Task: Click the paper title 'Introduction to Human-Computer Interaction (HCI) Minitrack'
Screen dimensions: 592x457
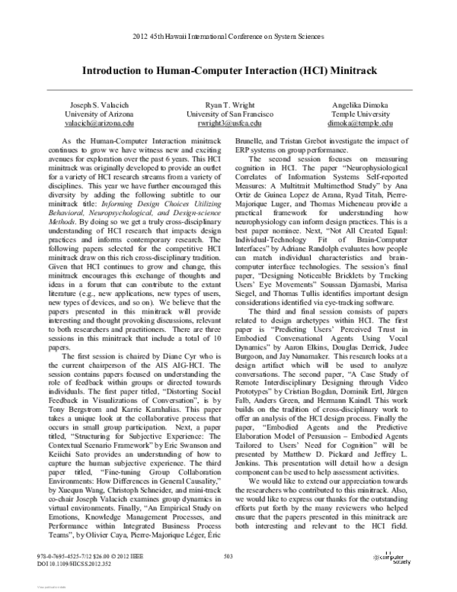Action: coord(228,68)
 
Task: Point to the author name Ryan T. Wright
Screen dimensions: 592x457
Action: coord(228,104)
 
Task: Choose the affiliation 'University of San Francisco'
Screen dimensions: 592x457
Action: coord(228,113)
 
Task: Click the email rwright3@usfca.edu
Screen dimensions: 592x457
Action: coord(228,122)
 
